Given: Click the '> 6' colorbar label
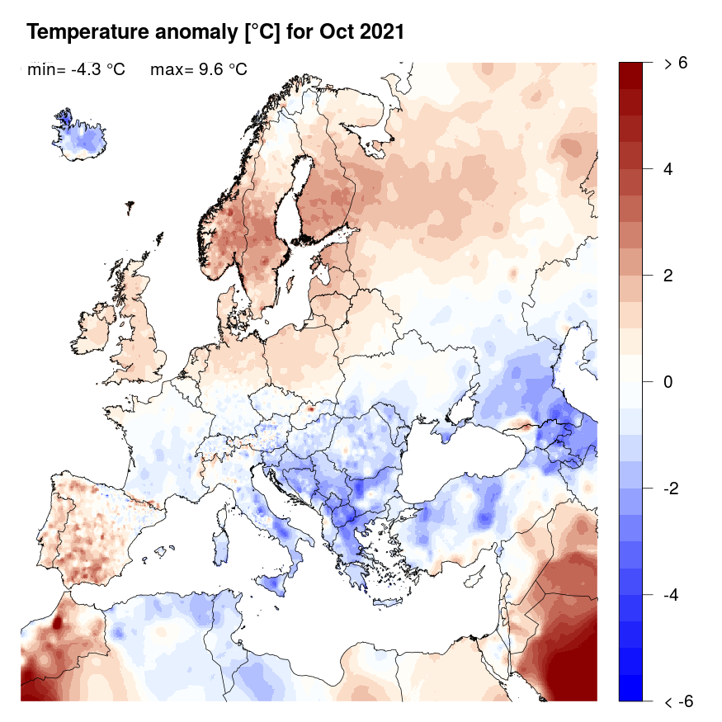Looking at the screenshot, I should (x=676, y=64).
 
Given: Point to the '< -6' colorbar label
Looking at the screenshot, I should (x=677, y=701).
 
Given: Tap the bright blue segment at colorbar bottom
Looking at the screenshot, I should (x=630, y=688).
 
